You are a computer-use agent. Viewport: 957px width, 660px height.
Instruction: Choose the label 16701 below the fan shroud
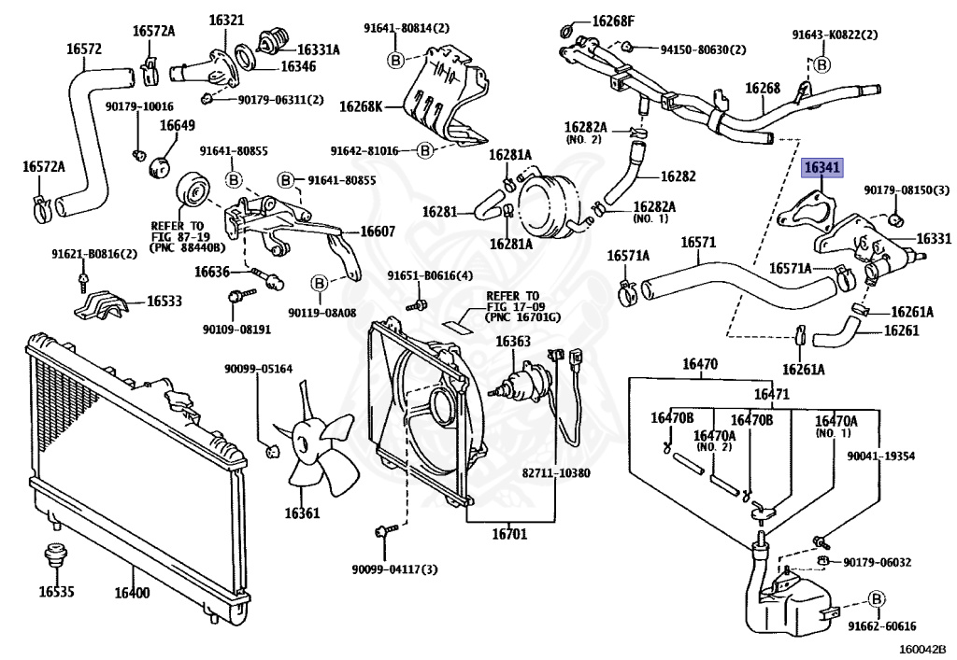pyautogui.click(x=510, y=535)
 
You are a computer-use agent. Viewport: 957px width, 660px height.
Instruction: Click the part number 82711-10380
pyautogui.click(x=556, y=473)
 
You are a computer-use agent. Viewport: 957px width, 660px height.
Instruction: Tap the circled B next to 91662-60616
pyautogui.click(x=877, y=599)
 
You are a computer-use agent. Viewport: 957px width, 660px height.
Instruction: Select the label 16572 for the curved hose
pyautogui.click(x=84, y=49)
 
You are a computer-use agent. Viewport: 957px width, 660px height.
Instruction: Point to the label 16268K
pyautogui.click(x=360, y=108)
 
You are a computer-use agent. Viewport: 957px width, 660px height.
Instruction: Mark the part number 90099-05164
pyautogui.click(x=258, y=369)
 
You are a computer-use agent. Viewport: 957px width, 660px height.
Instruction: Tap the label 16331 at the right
pyautogui.click(x=934, y=239)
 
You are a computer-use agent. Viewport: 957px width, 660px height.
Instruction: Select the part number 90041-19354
pyautogui.click(x=880, y=456)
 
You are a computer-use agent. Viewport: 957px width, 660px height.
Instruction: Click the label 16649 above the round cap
pyautogui.click(x=177, y=125)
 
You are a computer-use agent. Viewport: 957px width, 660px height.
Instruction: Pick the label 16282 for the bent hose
pyautogui.click(x=678, y=176)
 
